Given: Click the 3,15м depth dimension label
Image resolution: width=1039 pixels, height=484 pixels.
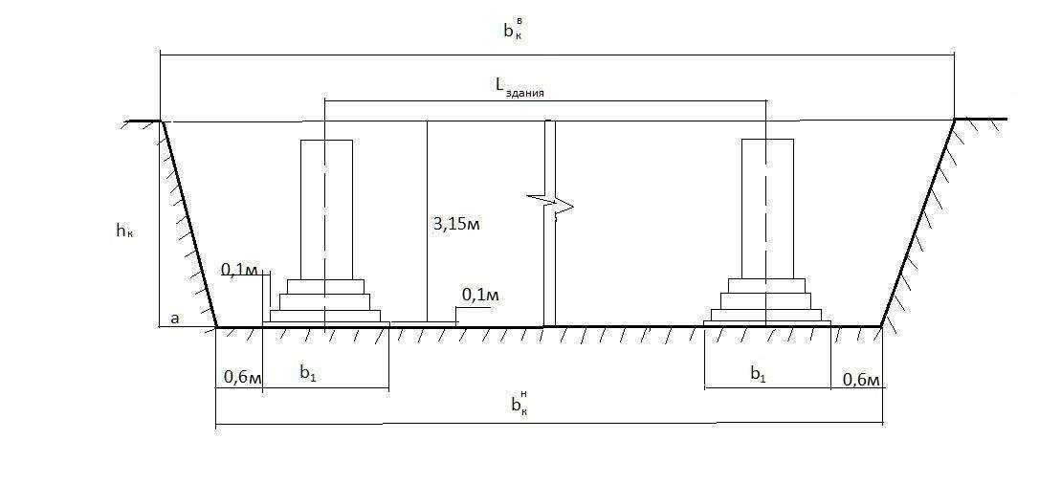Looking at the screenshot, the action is click(x=456, y=224).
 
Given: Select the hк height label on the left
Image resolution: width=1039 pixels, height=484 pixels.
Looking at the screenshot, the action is click(x=124, y=231).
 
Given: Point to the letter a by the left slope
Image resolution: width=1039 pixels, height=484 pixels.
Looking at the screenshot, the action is click(x=176, y=318).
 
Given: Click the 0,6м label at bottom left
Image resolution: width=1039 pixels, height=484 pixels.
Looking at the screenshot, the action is click(x=243, y=377).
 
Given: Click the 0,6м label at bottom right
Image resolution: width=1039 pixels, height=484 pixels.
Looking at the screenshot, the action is click(x=860, y=380).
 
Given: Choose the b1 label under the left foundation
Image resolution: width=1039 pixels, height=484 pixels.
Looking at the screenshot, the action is click(x=307, y=373).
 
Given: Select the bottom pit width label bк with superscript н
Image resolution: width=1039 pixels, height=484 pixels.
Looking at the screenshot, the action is click(x=519, y=403).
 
